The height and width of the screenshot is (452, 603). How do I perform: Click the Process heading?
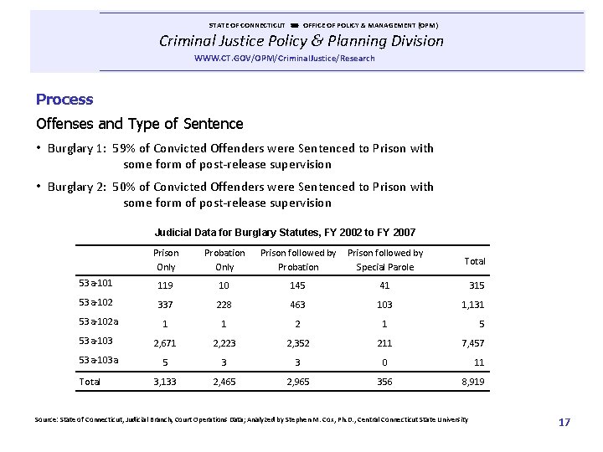(x=64, y=100)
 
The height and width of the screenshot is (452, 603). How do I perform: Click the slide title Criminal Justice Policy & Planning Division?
(x=302, y=40)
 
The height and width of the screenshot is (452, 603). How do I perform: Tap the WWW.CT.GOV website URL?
(x=284, y=59)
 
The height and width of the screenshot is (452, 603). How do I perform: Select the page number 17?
(x=564, y=423)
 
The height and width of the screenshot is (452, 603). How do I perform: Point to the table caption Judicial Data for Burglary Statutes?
(x=285, y=232)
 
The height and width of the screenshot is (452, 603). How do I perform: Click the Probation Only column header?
(x=224, y=259)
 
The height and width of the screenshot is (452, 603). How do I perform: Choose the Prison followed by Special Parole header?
(x=385, y=259)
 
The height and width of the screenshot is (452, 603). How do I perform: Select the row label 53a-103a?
(x=98, y=360)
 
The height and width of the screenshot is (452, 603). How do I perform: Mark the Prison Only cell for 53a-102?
(x=166, y=304)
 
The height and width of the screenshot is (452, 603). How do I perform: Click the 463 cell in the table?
(x=298, y=304)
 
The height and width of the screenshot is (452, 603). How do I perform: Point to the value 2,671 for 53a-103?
(x=166, y=343)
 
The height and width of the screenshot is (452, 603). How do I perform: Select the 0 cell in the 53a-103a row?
(x=384, y=362)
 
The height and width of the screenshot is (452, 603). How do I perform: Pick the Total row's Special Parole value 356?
(x=384, y=383)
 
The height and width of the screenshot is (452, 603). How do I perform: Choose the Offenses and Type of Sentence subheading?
(x=140, y=124)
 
